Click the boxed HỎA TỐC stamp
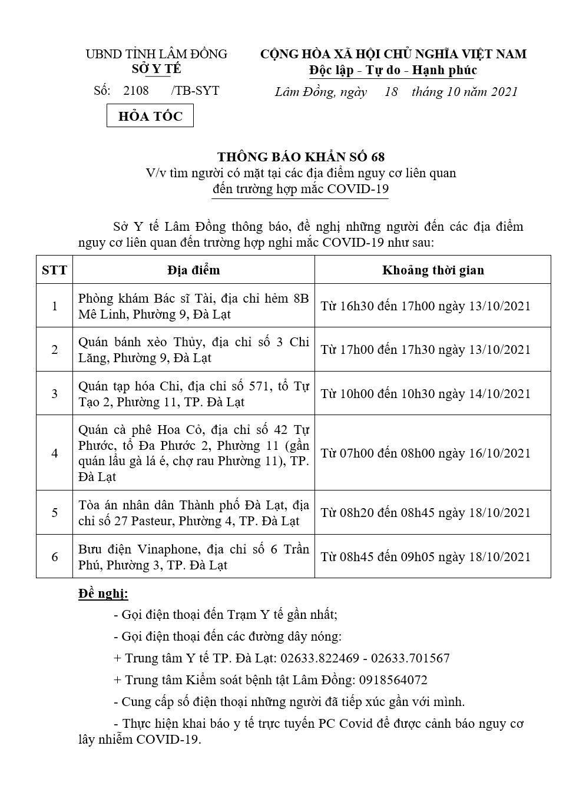tap(150, 116)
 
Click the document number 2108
tap(136, 91)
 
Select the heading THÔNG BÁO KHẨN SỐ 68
tap(301, 157)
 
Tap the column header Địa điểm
tap(193, 270)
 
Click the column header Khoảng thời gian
tap(433, 270)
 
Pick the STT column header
tap(55, 270)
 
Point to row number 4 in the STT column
tap(55, 453)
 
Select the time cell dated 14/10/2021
tap(426, 393)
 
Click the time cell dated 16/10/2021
tap(426, 453)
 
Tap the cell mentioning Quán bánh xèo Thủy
tap(193, 350)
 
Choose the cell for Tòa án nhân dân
tap(193, 513)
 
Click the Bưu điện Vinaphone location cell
tap(193, 557)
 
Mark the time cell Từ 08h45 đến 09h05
tap(426, 557)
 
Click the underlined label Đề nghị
tap(103, 593)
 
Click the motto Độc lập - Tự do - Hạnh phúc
tap(393, 71)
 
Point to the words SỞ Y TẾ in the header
tap(157, 69)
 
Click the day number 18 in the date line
tap(391, 91)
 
